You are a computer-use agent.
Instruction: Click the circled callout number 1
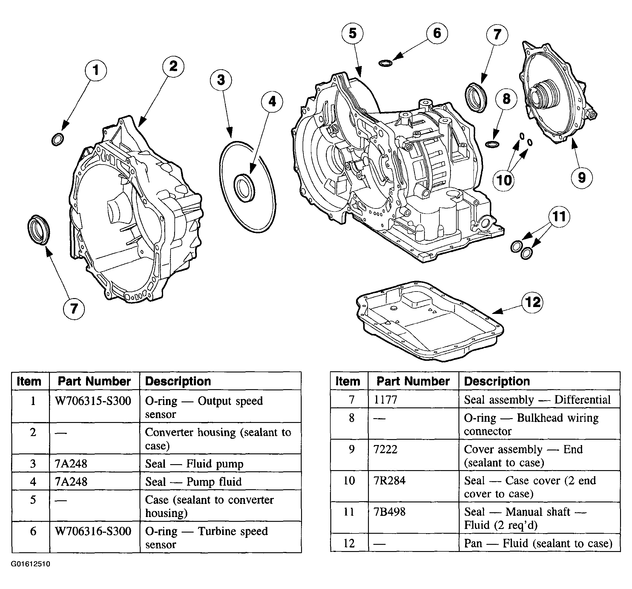point(96,70)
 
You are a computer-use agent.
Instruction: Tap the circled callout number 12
point(533,302)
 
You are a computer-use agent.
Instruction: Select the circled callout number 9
point(582,177)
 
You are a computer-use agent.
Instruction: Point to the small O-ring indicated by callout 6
point(385,63)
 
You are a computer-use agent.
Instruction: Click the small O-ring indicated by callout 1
point(58,139)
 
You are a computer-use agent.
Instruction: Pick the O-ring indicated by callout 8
point(492,144)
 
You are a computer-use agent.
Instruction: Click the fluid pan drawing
point(430,321)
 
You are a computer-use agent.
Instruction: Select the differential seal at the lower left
point(39,230)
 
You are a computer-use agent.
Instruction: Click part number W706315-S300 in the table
point(93,401)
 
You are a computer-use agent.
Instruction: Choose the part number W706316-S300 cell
point(93,531)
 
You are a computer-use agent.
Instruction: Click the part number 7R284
point(389,481)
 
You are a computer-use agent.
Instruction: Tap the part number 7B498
point(389,512)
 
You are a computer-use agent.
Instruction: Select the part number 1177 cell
point(385,400)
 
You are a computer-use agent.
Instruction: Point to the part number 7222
point(385,450)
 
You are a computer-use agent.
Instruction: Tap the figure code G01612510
point(30,564)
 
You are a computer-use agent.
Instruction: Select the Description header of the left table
point(178,381)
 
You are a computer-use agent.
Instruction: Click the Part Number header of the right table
point(413,381)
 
